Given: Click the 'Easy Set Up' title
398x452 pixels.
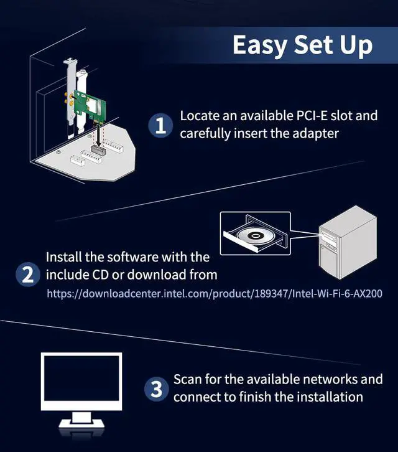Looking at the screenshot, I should tap(302, 45).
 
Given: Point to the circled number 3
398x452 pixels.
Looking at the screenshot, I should tap(156, 390).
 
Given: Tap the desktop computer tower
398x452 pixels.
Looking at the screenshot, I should tap(347, 246).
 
